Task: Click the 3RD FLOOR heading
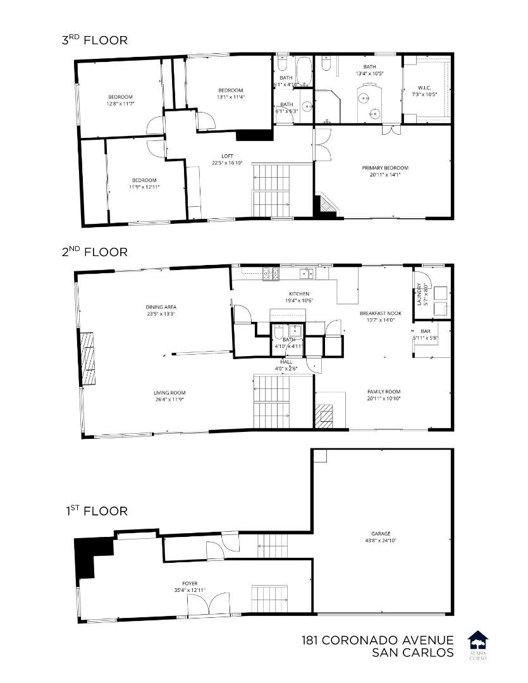(x=94, y=40)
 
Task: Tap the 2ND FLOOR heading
(x=94, y=252)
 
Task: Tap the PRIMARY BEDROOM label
(x=385, y=168)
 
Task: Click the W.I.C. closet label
(x=424, y=87)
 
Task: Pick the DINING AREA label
(x=161, y=307)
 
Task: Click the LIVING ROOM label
(x=169, y=393)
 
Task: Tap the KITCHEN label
(x=299, y=294)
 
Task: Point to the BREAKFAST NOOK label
(x=381, y=313)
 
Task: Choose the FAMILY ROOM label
(x=384, y=391)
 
